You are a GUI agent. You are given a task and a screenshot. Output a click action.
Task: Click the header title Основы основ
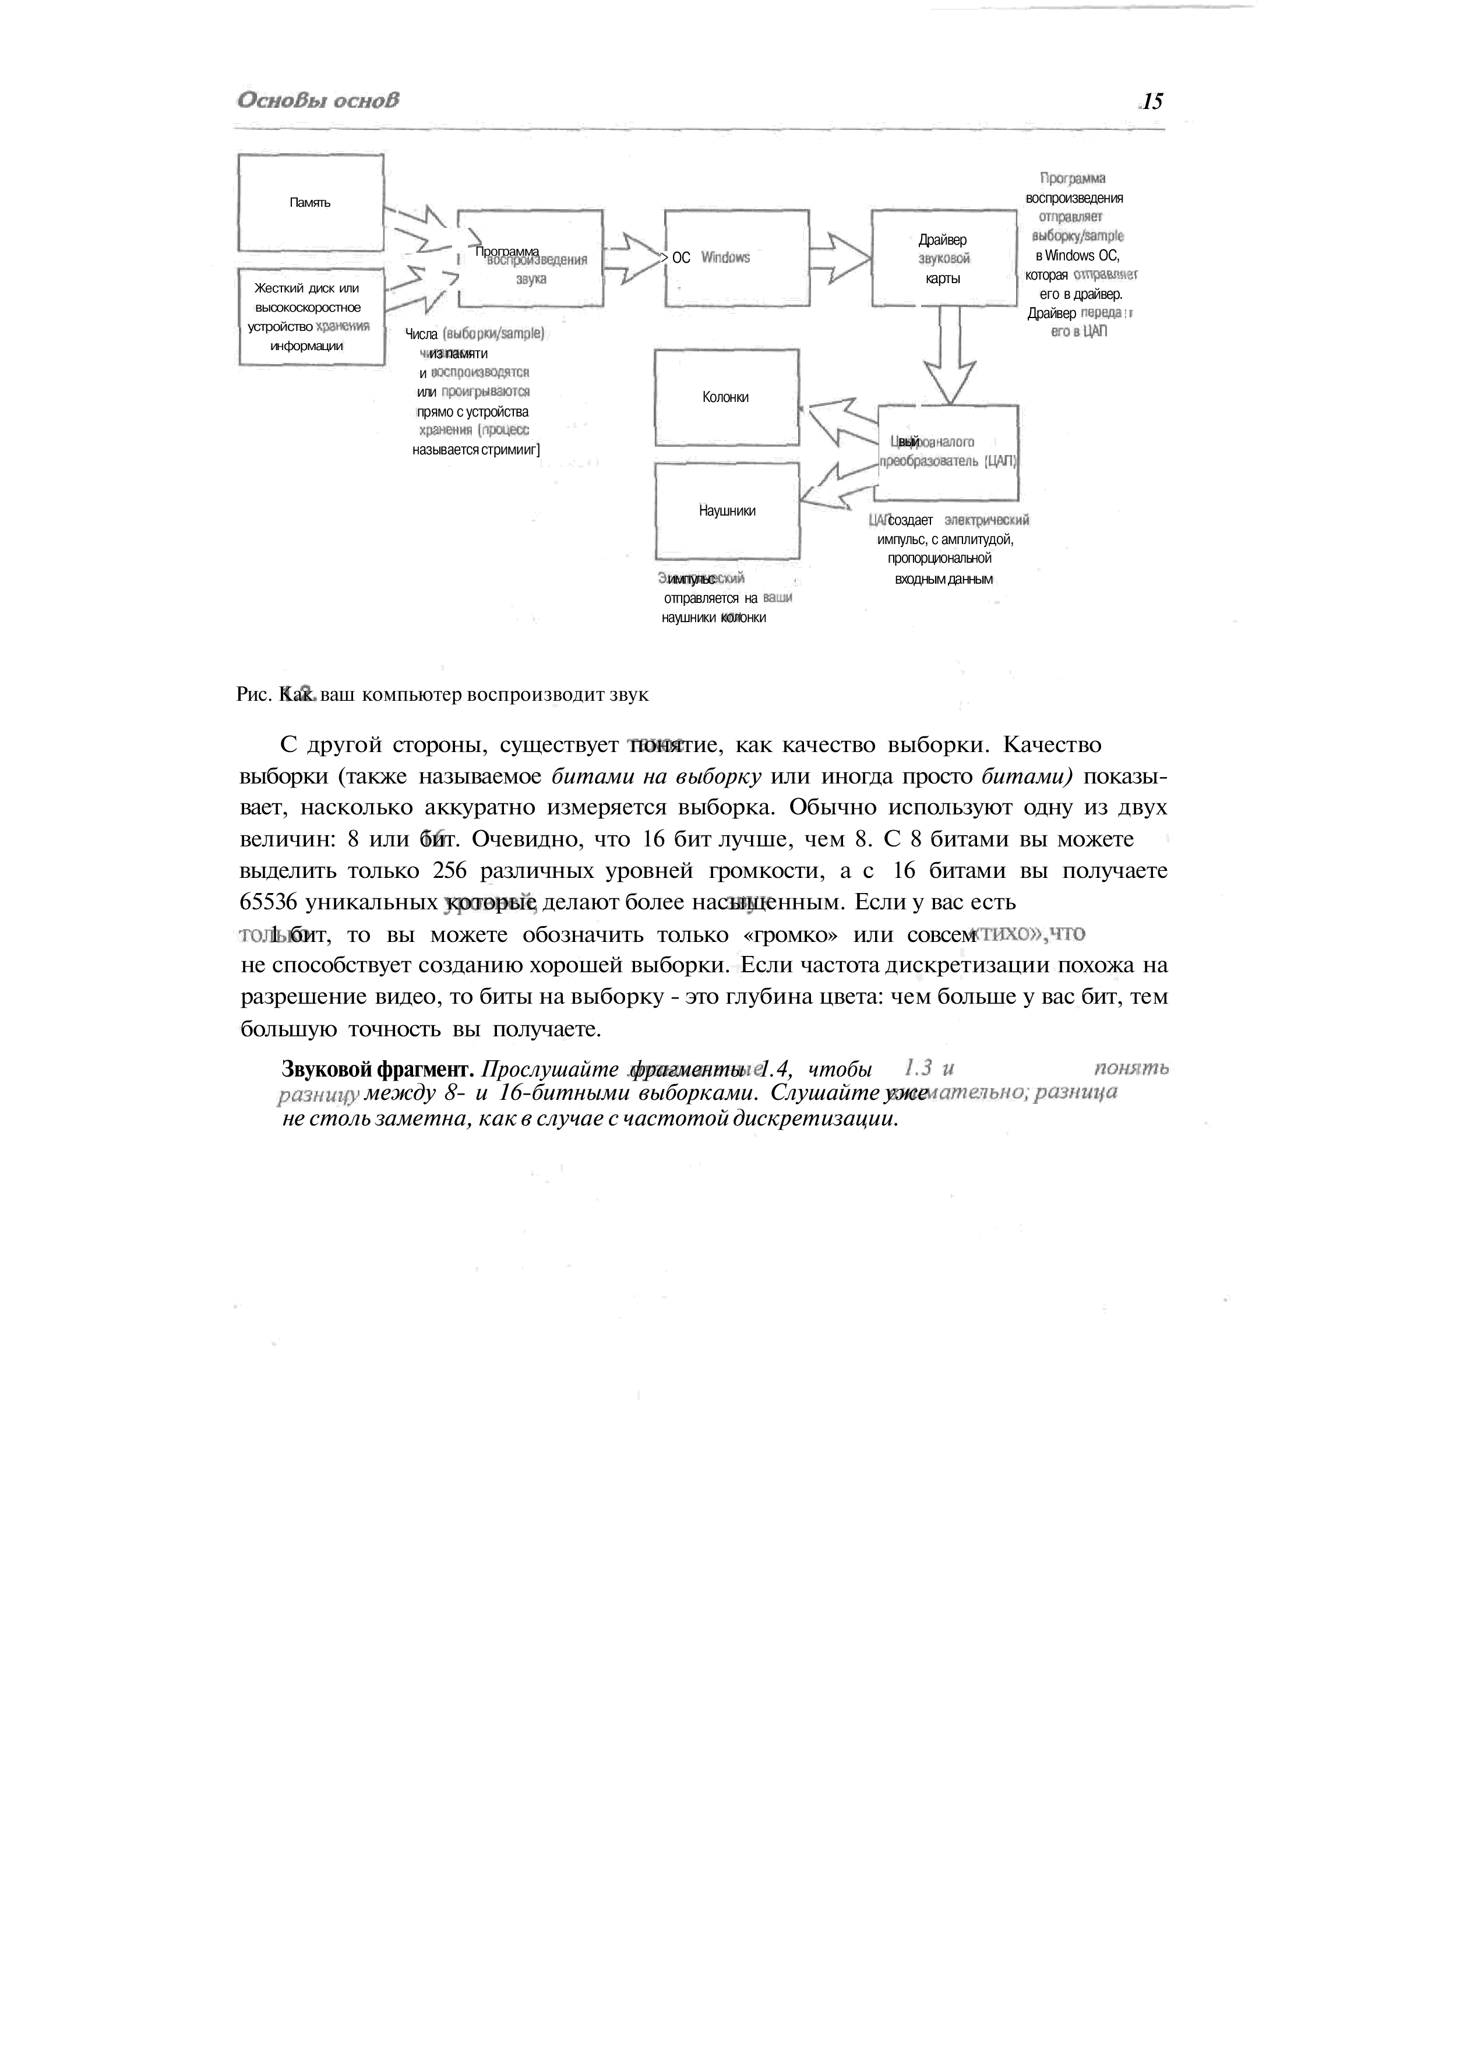point(318,100)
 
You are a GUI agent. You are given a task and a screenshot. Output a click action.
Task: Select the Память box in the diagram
point(310,202)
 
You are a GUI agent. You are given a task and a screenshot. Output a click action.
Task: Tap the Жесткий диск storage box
point(310,316)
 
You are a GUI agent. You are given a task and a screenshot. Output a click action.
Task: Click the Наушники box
point(727,511)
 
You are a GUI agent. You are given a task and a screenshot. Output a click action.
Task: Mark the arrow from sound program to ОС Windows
point(631,258)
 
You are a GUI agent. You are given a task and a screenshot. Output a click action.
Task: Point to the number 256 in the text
point(450,871)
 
